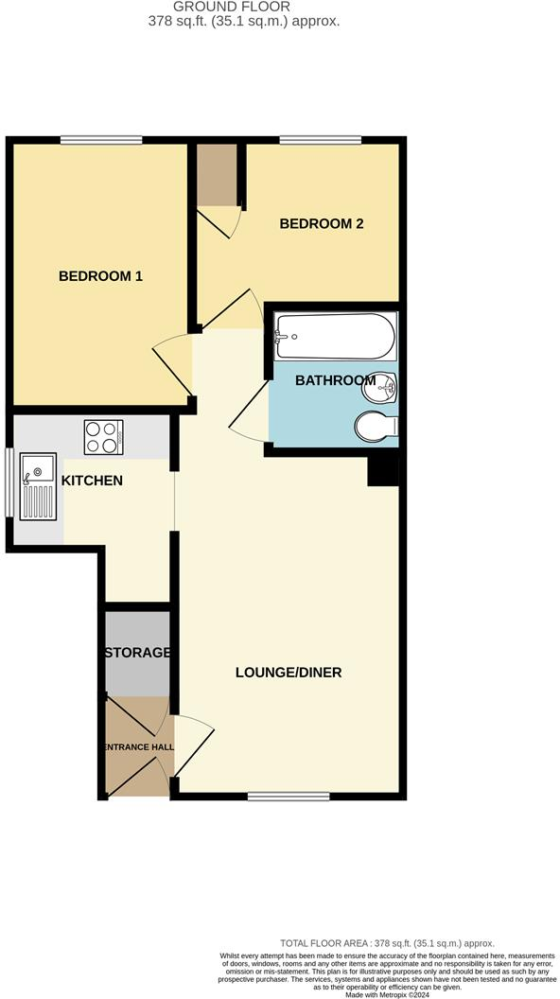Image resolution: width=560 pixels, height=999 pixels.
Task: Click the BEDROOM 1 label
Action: tap(100, 276)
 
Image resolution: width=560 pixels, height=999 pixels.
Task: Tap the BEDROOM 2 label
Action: tap(322, 224)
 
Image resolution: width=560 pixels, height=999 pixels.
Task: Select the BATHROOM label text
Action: tap(336, 380)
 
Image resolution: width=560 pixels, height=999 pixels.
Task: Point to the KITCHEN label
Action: tap(92, 481)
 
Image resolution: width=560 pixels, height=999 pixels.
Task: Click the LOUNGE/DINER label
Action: tap(289, 673)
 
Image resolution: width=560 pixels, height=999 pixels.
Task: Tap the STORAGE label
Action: tap(137, 653)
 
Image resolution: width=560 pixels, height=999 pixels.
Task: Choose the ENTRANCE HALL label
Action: tap(137, 747)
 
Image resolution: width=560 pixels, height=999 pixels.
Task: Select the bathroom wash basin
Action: tap(387, 386)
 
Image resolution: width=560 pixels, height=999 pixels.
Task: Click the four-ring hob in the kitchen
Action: tap(103, 437)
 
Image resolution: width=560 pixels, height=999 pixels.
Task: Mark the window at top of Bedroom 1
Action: tap(101, 141)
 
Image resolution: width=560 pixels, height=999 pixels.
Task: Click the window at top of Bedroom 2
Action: tap(320, 141)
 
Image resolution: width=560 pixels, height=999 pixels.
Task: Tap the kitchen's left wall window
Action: tap(9, 482)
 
